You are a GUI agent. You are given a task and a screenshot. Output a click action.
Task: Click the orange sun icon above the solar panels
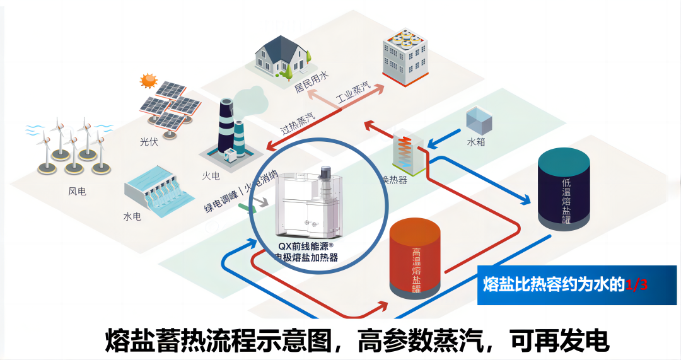[x=148, y=80]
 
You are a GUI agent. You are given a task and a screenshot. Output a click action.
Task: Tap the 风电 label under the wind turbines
[x=78, y=190]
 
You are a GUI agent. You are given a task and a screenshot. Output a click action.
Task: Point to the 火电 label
[x=210, y=175]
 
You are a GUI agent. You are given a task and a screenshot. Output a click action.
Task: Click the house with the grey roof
[x=282, y=55]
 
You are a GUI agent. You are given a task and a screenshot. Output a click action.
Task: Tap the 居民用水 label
[x=312, y=82]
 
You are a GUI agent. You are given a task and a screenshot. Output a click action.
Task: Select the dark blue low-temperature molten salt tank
[x=564, y=189]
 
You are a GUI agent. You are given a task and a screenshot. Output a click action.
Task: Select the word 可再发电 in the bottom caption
[x=559, y=341]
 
